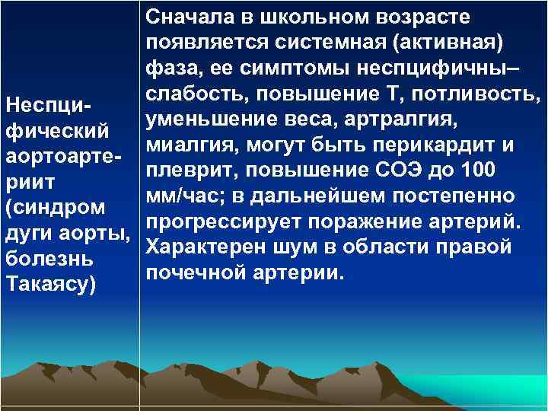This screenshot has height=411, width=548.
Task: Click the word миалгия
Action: [181, 145]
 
